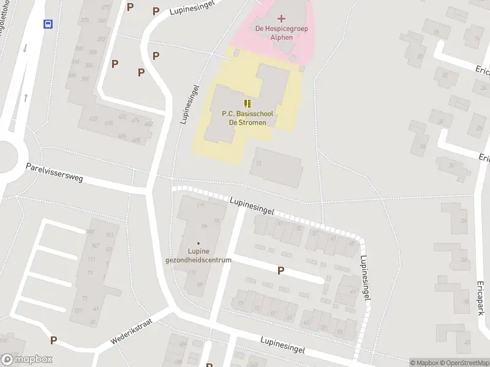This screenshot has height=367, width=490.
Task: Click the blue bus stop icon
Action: [x=48, y=24]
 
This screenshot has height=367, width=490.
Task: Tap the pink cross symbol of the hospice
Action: [x=282, y=19]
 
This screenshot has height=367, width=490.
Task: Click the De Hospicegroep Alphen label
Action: [x=282, y=32]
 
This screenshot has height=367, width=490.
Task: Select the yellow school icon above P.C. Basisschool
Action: [x=247, y=103]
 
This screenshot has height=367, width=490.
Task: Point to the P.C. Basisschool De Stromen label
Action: [x=247, y=117]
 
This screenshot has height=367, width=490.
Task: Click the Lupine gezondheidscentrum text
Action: [x=198, y=256]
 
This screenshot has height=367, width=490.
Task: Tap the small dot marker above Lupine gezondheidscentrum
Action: [x=198, y=243]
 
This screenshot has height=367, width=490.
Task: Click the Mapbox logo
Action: [x=27, y=360]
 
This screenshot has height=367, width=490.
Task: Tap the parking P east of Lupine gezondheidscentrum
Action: [x=281, y=270]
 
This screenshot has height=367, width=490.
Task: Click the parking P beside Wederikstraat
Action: [x=54, y=340]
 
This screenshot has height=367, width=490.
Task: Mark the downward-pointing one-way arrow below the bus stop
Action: [x=25, y=49]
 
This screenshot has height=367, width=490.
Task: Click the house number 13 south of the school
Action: [x=259, y=163]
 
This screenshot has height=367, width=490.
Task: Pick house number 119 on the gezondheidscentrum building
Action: [x=200, y=205]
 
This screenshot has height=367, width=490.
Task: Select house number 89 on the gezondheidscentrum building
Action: [x=200, y=284]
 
